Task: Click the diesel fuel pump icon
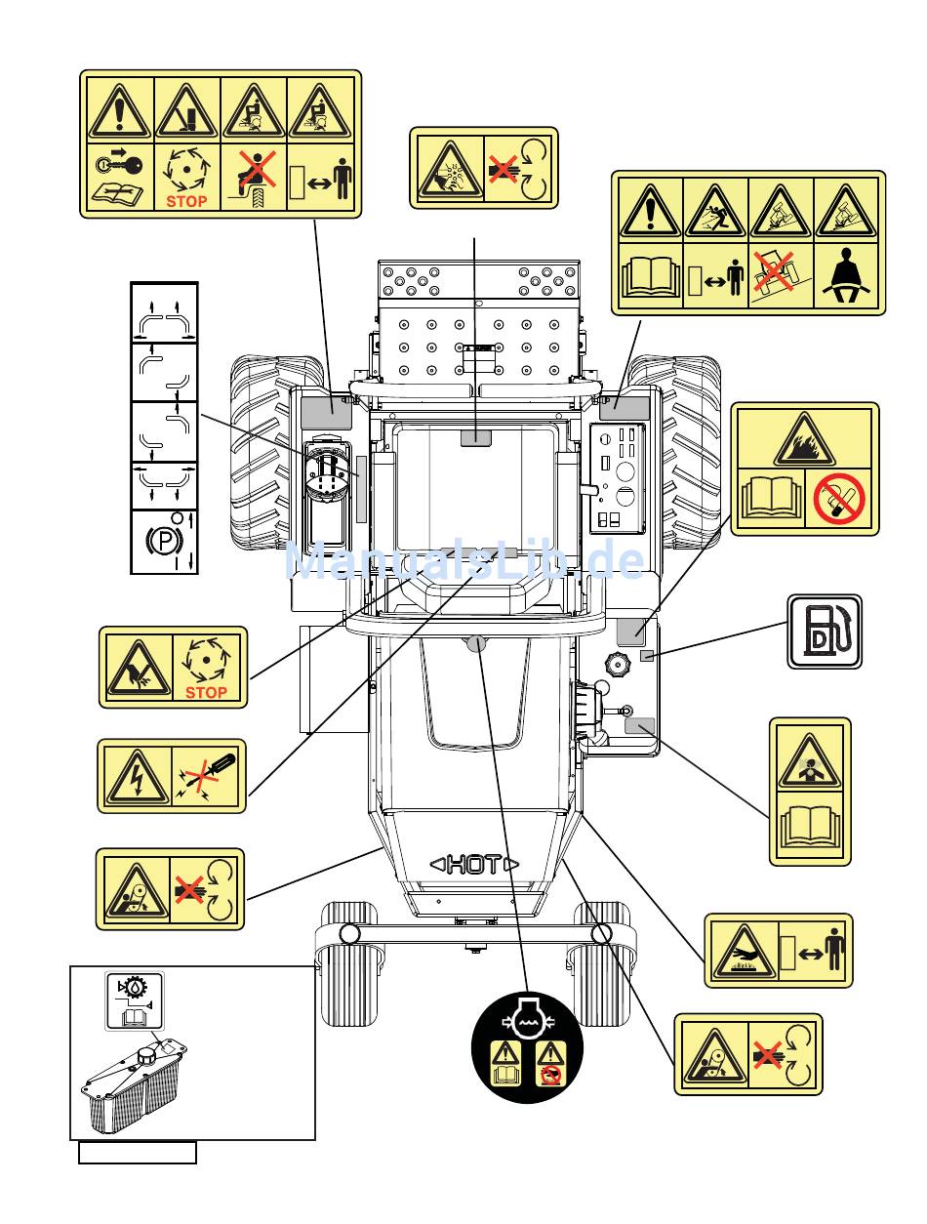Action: [825, 632]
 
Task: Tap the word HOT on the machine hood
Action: [475, 864]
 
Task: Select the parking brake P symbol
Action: [158, 540]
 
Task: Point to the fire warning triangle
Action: [804, 442]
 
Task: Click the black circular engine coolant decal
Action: [527, 1046]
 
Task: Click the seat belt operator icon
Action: [847, 277]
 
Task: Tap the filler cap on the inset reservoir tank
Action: [149, 1056]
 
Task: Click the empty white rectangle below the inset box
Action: [138, 1153]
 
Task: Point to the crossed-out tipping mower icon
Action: [781, 275]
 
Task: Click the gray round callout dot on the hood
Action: [476, 642]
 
